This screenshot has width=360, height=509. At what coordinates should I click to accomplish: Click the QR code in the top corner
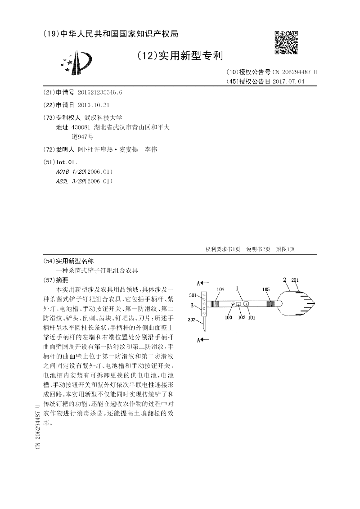tap(286, 43)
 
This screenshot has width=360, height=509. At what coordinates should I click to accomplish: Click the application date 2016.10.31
tap(93, 105)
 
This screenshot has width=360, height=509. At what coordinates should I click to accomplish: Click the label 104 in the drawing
tap(220, 289)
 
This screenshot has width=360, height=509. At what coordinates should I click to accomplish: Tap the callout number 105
tap(266, 289)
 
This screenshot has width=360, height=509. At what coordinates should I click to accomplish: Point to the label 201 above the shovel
tap(295, 280)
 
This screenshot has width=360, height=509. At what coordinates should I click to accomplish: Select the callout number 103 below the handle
tap(228, 317)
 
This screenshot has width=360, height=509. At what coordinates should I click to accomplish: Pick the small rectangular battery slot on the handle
tap(239, 304)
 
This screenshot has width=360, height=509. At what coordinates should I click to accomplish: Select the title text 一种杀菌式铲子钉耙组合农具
tap(97, 270)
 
